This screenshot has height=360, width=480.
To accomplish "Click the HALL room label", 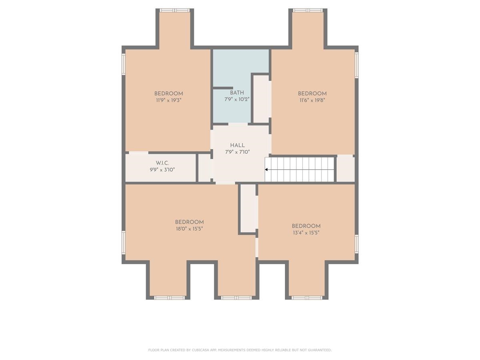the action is (x=237, y=145).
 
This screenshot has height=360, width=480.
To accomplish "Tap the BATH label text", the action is (x=237, y=93).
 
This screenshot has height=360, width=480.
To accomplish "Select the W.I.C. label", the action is (x=162, y=163).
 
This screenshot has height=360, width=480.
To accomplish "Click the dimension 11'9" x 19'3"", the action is (x=168, y=100).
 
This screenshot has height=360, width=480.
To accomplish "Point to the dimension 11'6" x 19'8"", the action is (x=312, y=100).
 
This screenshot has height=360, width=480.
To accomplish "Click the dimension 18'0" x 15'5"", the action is (x=189, y=229).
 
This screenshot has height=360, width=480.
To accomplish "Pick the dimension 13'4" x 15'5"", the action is (x=306, y=233).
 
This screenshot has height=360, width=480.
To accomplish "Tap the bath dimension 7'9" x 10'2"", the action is (x=237, y=100).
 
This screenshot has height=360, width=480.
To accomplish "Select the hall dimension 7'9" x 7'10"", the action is (x=237, y=152).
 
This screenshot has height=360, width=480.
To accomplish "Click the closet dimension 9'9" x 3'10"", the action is (x=162, y=170).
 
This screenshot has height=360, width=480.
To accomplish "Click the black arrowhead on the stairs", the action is (x=266, y=169).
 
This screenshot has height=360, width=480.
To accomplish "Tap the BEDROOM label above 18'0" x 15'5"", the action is (x=189, y=222).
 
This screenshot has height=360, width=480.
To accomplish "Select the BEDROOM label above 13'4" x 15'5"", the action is (x=306, y=226).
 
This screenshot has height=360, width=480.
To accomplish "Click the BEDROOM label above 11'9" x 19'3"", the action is (x=168, y=94).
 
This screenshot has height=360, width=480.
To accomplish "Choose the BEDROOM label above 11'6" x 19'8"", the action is (x=312, y=94).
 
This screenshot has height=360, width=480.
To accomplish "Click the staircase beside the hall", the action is (x=300, y=169).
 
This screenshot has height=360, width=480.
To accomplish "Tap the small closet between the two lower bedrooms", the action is (x=248, y=208).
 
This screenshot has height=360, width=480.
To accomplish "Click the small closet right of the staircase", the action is (x=346, y=168).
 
